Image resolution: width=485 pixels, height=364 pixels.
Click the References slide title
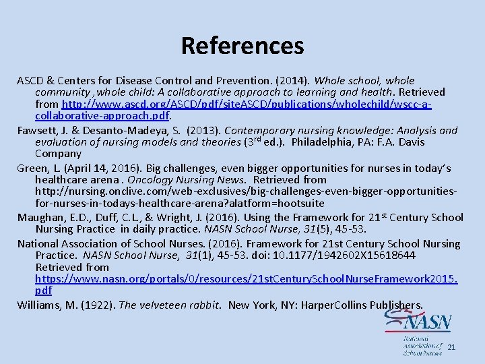coord(243,46)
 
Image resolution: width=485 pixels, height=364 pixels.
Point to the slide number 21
coord(451,347)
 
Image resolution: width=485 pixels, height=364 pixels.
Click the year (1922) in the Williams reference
coord(97,305)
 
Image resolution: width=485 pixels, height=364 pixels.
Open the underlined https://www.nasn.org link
coord(246,279)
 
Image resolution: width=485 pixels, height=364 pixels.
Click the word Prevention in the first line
coord(244,80)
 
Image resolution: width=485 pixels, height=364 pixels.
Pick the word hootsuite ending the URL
coord(301,204)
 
